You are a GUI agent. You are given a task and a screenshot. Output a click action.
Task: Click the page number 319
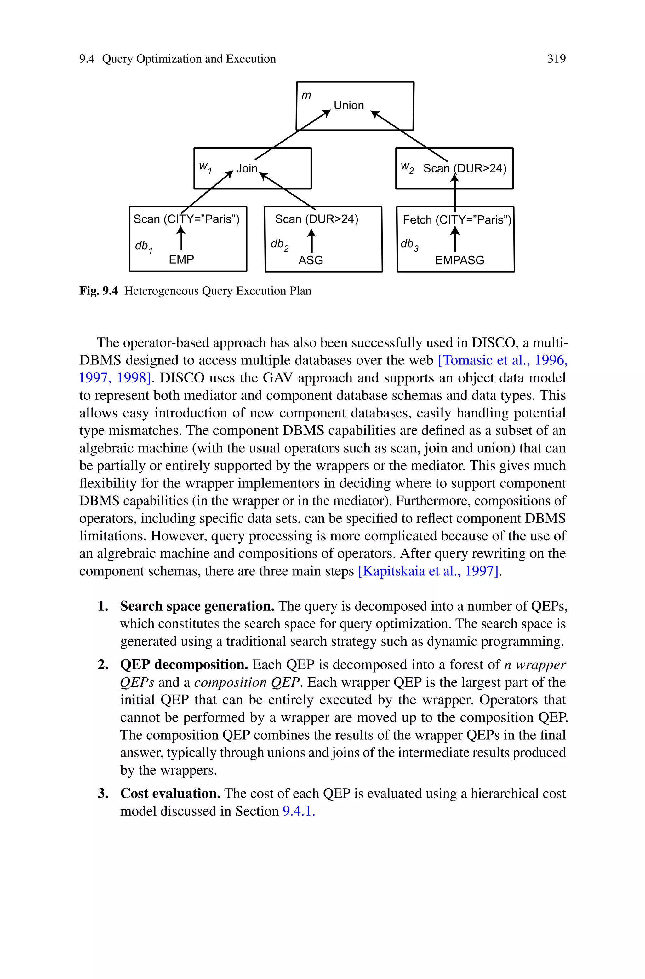coord(556,59)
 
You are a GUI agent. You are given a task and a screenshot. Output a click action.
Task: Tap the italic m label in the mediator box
coord(306,95)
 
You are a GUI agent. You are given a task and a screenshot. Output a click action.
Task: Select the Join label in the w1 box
coord(247,168)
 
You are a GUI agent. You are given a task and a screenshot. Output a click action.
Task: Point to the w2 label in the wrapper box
coord(407,167)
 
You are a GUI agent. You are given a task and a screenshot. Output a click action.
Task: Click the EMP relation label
coord(181,259)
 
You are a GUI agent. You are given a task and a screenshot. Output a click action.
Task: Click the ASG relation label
coord(311,260)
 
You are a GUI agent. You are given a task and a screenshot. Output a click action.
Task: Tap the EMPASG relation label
coord(459,260)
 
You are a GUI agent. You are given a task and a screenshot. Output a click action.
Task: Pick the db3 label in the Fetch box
coord(409,245)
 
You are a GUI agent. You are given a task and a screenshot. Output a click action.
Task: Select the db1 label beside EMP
coord(144,246)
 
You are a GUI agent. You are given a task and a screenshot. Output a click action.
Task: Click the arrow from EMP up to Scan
coord(181,239)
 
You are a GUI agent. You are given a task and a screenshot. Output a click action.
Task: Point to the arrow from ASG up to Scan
coord(312,241)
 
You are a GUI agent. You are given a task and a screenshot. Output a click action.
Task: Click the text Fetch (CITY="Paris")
coord(457,220)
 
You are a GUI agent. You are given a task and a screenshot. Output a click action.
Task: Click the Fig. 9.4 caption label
coord(99,291)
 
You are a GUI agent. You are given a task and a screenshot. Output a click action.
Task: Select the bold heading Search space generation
coord(197,606)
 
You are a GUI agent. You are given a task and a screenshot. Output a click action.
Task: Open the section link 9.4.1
coord(299,811)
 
